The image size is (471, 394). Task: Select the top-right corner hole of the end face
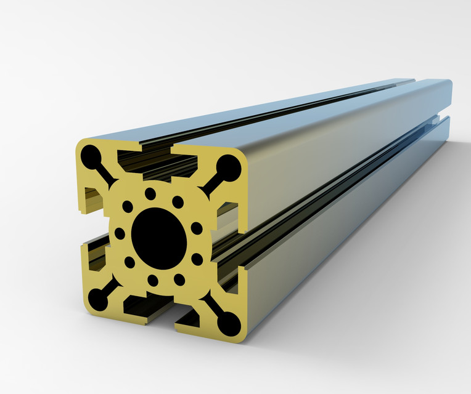point(229,166)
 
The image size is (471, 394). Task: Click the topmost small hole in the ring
point(150,194)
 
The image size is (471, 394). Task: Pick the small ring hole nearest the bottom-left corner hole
point(129,262)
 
